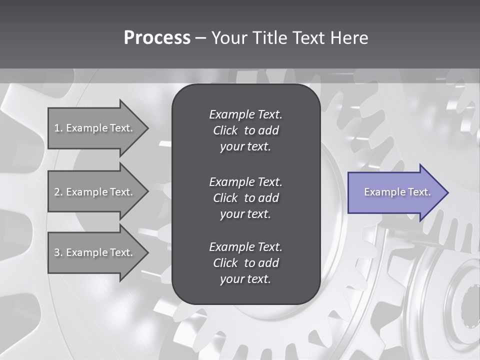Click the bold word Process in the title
pos(157,38)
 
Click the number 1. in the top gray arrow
pos(58,128)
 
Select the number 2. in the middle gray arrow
pos(58,192)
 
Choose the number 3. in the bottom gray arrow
pos(58,252)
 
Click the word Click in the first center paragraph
pos(225,130)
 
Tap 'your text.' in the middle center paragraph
pos(245,214)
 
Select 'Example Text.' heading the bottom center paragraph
pos(245,247)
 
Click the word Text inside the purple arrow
pos(419,192)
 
